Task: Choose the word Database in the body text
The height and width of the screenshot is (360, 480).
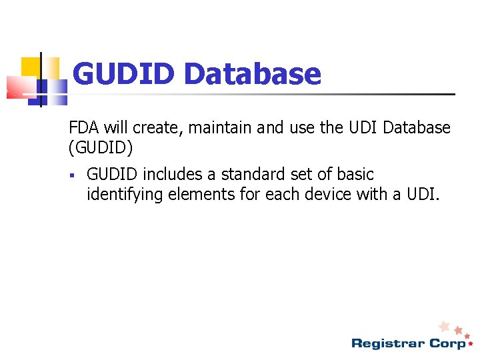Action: tap(413, 127)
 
